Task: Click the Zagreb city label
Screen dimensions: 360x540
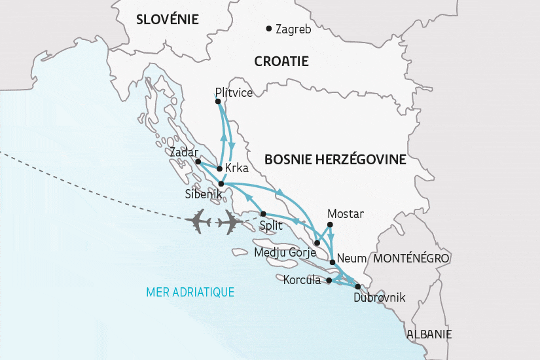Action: pos(293,29)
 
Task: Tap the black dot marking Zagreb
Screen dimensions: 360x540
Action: pos(269,28)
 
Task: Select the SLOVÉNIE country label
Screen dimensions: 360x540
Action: pos(167,20)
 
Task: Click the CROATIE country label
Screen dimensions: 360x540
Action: pos(281,61)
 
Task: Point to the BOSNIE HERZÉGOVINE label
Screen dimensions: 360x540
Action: pos(335,160)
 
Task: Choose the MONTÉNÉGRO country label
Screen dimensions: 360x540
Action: pos(412,259)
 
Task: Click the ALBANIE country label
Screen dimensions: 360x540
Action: pos(429,334)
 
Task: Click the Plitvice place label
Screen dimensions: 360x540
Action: pos(234,93)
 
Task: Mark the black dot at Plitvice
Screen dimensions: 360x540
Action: pos(217,101)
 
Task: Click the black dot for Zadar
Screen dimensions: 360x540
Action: pos(198,161)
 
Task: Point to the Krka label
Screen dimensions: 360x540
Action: pos(236,168)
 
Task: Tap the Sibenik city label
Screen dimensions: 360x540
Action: pos(204,194)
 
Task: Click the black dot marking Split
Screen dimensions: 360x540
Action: pos(263,214)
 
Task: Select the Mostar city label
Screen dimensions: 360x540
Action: pos(345,214)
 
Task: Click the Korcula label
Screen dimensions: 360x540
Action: pos(303,280)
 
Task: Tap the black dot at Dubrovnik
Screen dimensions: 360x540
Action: pos(357,287)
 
